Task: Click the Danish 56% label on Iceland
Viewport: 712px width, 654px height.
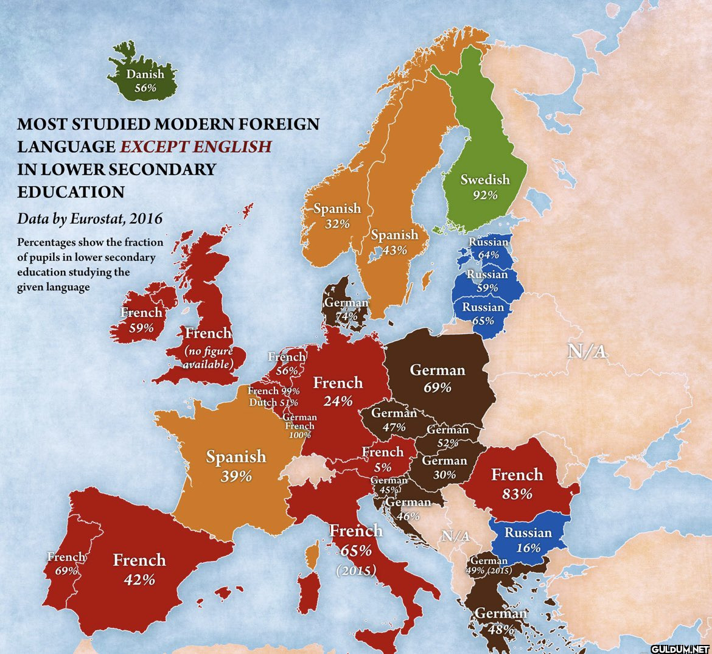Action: pyautogui.click(x=145, y=81)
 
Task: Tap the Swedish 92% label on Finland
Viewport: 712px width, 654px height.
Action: pyautogui.click(x=484, y=187)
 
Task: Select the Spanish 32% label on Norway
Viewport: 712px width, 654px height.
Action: pyautogui.click(x=337, y=216)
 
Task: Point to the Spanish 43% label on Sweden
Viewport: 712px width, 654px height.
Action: pyautogui.click(x=394, y=242)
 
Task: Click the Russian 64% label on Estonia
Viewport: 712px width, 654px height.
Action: pyautogui.click(x=488, y=248)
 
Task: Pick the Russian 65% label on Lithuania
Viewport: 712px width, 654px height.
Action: pyautogui.click(x=483, y=313)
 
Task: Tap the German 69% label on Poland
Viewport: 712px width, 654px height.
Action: pyautogui.click(x=438, y=378)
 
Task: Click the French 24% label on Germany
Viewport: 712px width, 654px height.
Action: pyautogui.click(x=338, y=391)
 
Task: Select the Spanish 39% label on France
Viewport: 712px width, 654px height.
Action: pyautogui.click(x=236, y=465)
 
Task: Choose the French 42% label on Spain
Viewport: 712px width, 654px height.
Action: pyautogui.click(x=139, y=569)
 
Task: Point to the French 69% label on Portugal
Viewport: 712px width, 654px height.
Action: pyautogui.click(x=66, y=563)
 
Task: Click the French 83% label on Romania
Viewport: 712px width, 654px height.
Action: pyautogui.click(x=517, y=484)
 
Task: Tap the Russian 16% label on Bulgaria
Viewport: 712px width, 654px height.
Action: pyautogui.click(x=528, y=540)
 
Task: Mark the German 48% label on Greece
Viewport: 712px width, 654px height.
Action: pyautogui.click(x=500, y=621)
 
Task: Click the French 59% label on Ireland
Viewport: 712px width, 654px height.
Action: pyautogui.click(x=141, y=320)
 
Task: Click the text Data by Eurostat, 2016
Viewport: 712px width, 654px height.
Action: pyautogui.click(x=90, y=218)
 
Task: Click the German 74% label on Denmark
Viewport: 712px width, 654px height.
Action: pyautogui.click(x=346, y=309)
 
